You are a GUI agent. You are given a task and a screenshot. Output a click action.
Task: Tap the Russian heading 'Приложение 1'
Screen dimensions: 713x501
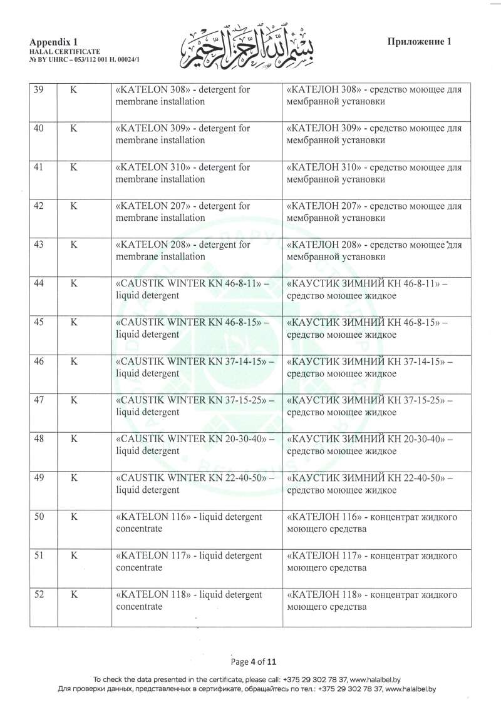[420, 42]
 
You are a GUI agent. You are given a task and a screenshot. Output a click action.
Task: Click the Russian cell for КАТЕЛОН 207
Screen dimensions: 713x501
[374, 212]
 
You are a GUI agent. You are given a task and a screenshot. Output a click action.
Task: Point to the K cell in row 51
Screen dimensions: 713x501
[73, 555]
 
